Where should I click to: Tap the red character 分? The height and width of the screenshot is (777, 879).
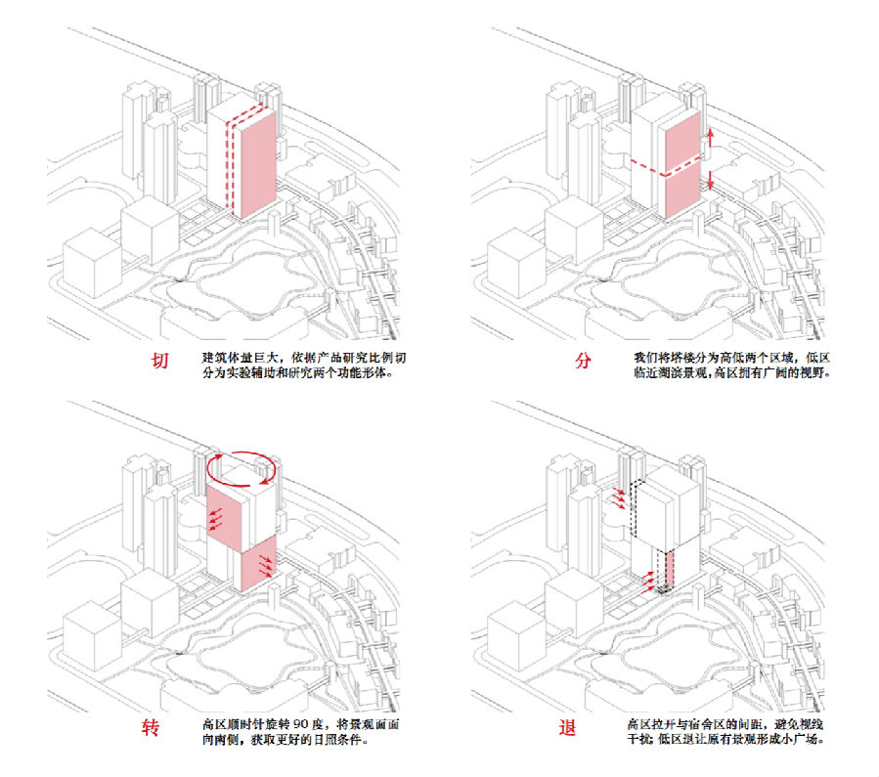583,362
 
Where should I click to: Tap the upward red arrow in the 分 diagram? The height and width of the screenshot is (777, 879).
711,137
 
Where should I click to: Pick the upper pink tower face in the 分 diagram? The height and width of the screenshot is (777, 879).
681,140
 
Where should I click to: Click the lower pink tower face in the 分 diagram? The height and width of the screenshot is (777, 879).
681,194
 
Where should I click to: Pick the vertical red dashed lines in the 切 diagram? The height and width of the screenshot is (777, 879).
232,161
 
